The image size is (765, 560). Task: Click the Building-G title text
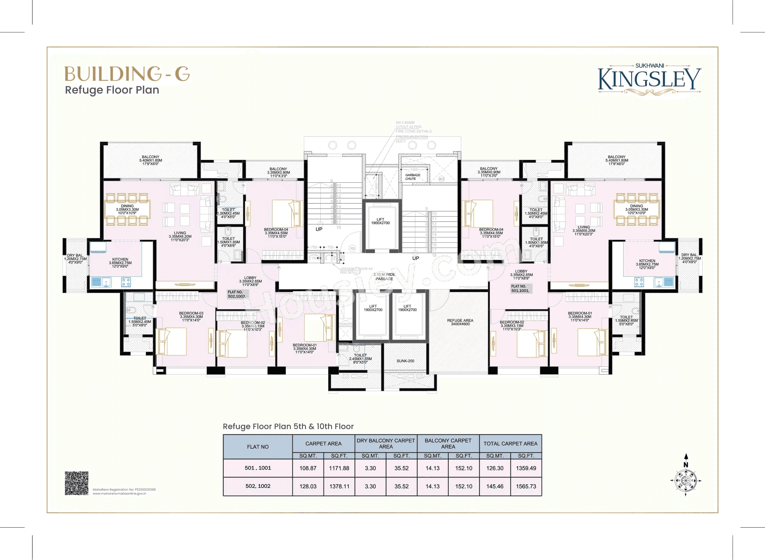point(127,74)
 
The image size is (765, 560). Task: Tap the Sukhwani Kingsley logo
point(649,79)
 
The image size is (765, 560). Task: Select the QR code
point(77,483)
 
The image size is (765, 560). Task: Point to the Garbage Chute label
point(413,177)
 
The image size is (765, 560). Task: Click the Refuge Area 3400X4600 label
point(460,322)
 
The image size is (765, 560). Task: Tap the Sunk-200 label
point(405,361)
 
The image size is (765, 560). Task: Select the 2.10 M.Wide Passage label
point(384,277)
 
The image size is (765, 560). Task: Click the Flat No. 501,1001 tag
point(520,289)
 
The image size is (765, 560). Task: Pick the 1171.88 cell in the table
point(339,468)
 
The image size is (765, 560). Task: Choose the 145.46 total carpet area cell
point(494,486)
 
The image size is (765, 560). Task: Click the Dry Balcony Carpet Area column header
point(386,443)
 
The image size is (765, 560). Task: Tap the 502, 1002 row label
point(258,486)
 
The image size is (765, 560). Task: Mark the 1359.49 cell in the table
point(526,468)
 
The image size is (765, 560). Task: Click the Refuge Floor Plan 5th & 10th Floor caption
point(288,426)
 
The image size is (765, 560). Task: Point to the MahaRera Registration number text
point(124,490)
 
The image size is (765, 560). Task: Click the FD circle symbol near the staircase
point(352,249)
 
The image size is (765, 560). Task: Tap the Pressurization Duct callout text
point(411,139)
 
